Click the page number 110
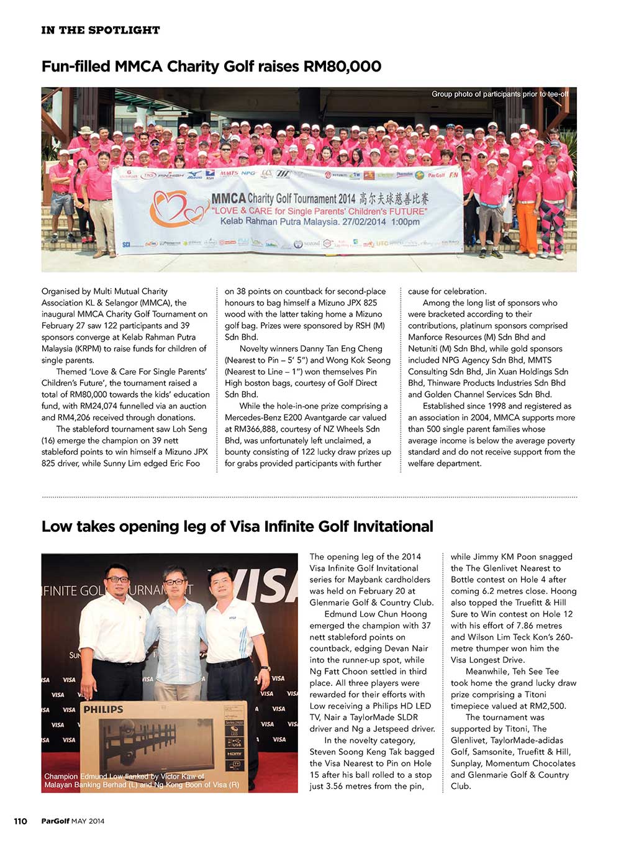point(20,821)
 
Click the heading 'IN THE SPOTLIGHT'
point(101,30)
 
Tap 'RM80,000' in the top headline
point(342,66)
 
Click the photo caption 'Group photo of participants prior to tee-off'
point(500,94)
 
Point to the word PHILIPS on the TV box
point(103,709)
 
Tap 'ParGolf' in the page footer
point(55,821)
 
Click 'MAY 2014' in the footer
point(88,821)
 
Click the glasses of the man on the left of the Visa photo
point(117,579)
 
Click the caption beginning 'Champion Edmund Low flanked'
point(142,781)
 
